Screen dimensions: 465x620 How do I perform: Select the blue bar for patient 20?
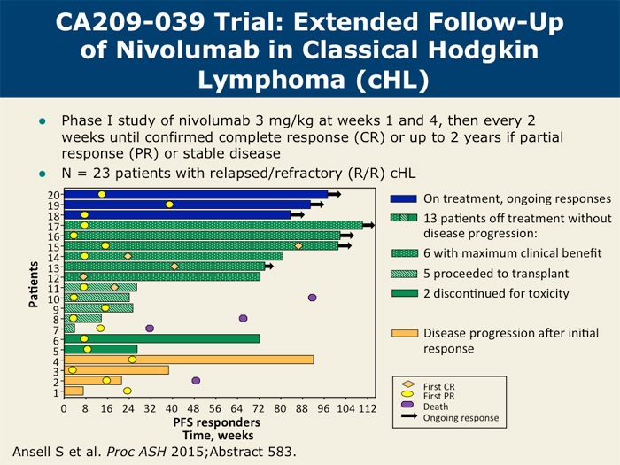point(195,194)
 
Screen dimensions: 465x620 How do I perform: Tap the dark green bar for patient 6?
point(161,338)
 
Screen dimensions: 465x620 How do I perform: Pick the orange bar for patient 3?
point(116,370)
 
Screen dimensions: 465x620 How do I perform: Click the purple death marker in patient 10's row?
point(312,298)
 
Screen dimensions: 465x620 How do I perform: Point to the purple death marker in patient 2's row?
point(196,381)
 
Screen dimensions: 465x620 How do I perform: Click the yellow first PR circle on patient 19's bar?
point(169,205)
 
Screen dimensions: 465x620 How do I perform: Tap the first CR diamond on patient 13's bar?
point(174,266)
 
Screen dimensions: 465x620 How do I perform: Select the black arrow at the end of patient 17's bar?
point(368,225)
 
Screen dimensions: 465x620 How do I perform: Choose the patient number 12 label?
point(55,277)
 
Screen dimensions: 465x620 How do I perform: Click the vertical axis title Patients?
point(33,284)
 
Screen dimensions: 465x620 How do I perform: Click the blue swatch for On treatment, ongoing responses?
point(403,199)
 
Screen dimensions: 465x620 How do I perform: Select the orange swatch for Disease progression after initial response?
point(403,334)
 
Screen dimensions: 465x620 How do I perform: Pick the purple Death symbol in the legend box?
point(408,407)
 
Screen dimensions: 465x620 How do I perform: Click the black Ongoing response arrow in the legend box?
point(408,417)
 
